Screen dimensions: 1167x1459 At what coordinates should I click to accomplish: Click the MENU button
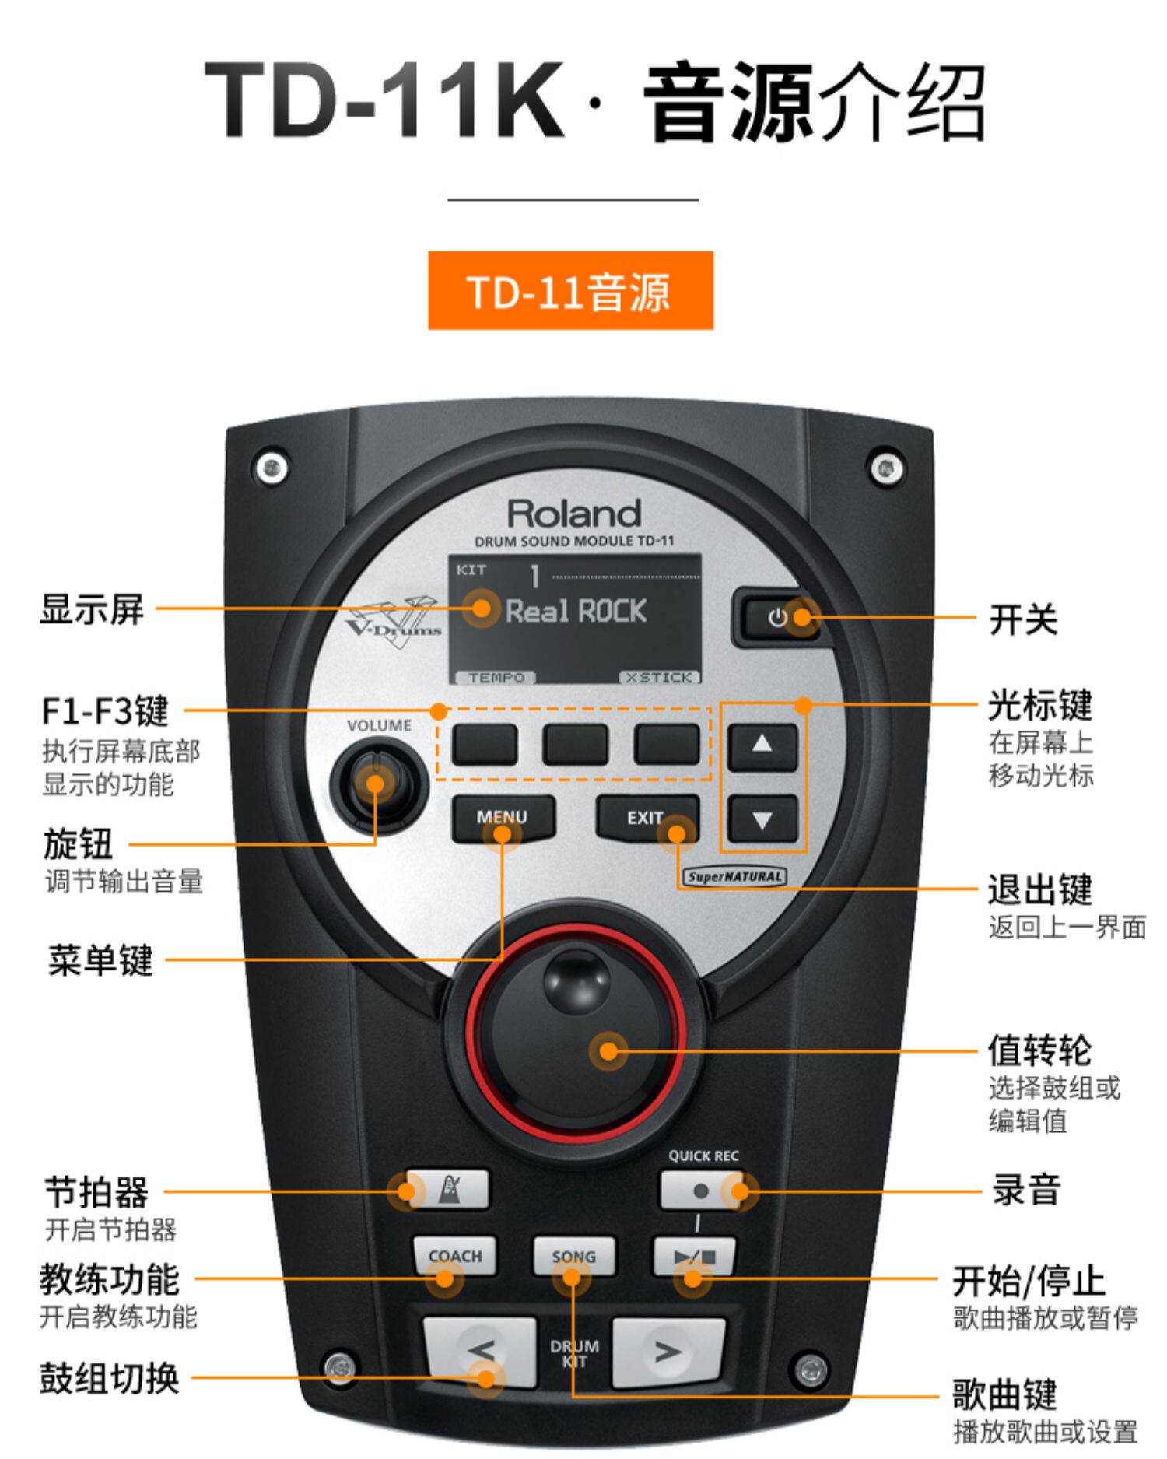tap(503, 819)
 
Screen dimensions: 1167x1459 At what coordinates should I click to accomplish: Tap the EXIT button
tap(646, 819)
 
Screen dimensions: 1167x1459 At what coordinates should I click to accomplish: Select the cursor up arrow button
tap(762, 745)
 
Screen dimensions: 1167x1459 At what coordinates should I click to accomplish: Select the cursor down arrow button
tap(762, 819)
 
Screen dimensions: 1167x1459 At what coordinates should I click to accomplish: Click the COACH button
tap(455, 1255)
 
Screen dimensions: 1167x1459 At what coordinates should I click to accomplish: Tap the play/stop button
tap(693, 1255)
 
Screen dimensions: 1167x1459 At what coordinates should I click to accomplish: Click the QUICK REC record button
tap(700, 1191)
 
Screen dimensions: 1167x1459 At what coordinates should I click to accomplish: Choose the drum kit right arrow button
tap(668, 1352)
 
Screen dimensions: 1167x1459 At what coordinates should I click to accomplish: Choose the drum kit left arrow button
tap(481, 1352)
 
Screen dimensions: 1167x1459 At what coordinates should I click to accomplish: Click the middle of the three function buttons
tap(575, 744)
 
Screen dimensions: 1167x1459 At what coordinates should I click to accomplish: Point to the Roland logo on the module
tap(574, 514)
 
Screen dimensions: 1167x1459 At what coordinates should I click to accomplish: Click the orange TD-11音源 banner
tap(570, 290)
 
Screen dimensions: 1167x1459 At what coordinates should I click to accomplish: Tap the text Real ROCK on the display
tap(576, 612)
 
